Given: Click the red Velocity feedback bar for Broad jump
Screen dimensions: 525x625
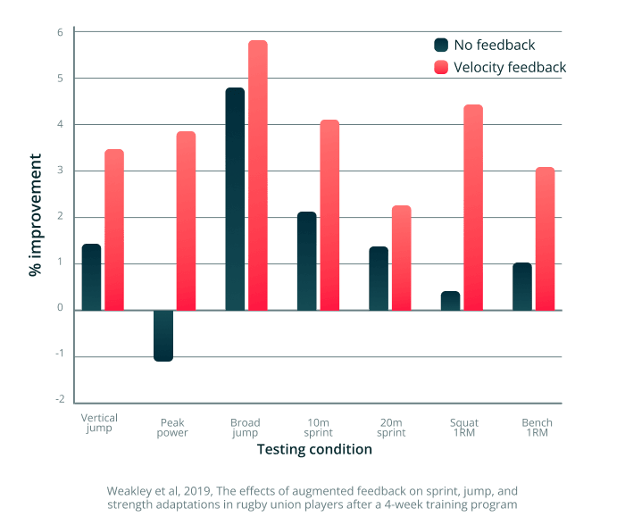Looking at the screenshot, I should pyautogui.click(x=257, y=176).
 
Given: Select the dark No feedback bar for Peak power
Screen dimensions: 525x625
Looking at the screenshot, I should pyautogui.click(x=163, y=336).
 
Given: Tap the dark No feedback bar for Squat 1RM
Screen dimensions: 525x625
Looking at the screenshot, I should pyautogui.click(x=451, y=301).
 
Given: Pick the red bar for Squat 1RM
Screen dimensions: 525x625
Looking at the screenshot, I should pyautogui.click(x=472, y=208).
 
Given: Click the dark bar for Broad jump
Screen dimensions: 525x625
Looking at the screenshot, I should pyautogui.click(x=235, y=199).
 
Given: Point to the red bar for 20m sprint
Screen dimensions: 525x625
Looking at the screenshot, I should pyautogui.click(x=401, y=258).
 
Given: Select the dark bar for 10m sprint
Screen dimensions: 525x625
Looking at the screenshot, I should pyautogui.click(x=306, y=261).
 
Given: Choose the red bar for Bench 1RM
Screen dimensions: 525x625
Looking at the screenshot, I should pyautogui.click(x=545, y=239).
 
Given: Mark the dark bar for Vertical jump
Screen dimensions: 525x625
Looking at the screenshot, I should pyautogui.click(x=91, y=277).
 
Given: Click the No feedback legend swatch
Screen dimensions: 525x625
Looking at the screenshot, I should pyautogui.click(x=441, y=45).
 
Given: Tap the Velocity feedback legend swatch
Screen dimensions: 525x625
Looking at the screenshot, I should pyautogui.click(x=441, y=67).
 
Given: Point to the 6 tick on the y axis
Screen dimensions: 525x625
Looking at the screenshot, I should pyautogui.click(x=61, y=32).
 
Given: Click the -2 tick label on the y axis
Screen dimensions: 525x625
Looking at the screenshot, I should pyautogui.click(x=59, y=403).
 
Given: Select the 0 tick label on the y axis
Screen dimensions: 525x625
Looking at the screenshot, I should pyautogui.click(x=61, y=310).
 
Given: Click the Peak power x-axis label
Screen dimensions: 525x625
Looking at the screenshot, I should pyautogui.click(x=172, y=428).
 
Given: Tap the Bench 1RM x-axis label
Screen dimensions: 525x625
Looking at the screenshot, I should pyautogui.click(x=537, y=428).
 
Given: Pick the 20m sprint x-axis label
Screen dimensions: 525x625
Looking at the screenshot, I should pyautogui.click(x=392, y=428).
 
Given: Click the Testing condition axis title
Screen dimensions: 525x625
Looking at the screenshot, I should pyautogui.click(x=314, y=450).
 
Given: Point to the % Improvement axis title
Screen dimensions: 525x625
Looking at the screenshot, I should pyautogui.click(x=35, y=214).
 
